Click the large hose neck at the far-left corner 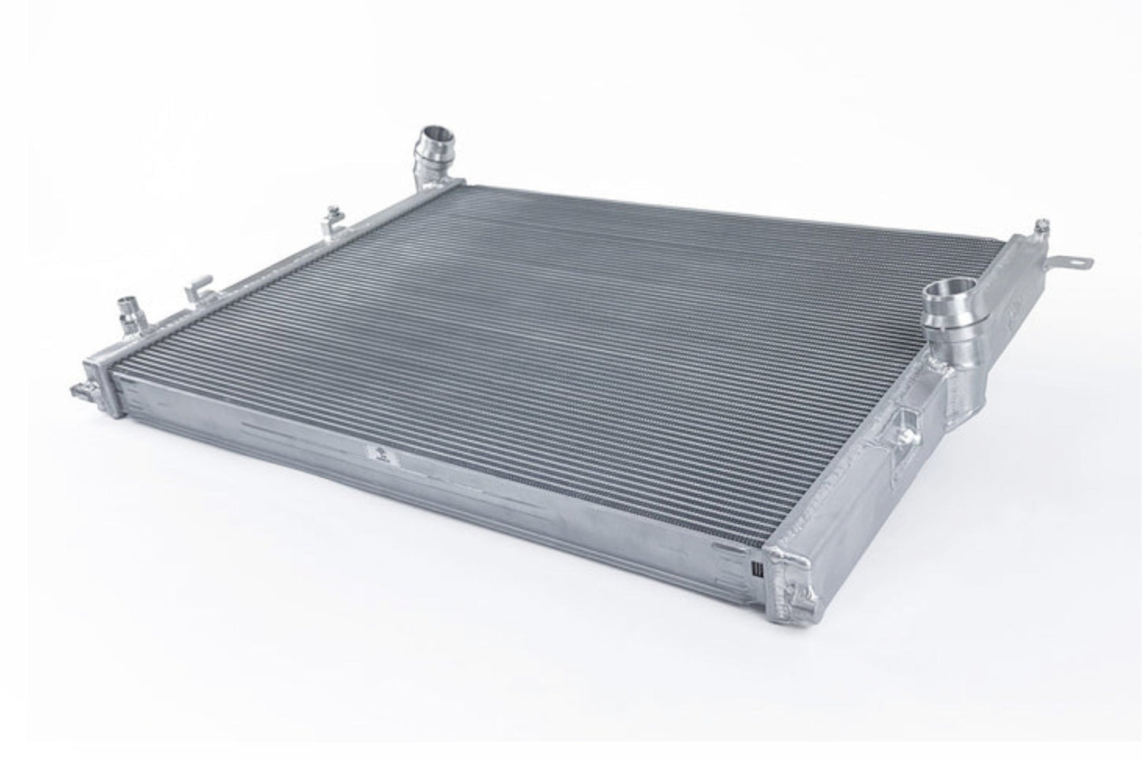point(433,150)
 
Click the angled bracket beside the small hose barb point(194,292)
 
